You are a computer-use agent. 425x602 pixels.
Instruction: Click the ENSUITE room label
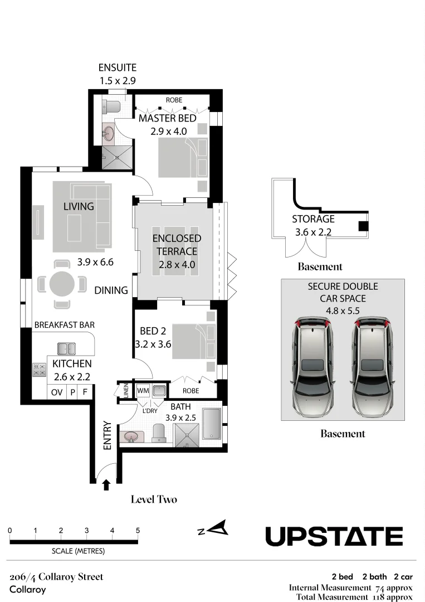point(118,67)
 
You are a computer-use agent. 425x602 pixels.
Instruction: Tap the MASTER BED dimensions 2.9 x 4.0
point(168,132)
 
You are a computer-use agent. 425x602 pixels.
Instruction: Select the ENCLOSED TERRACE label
point(177,245)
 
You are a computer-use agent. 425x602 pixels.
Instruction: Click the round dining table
point(62,284)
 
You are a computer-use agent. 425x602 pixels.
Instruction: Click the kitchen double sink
point(66,348)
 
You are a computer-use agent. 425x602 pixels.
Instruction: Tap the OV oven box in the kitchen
point(57,392)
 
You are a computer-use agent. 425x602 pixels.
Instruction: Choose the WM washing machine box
point(143,391)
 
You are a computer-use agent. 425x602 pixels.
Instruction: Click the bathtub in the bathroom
point(211,424)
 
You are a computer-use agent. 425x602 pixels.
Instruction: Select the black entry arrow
point(106,486)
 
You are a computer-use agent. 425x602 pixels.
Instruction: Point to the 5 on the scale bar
point(138,531)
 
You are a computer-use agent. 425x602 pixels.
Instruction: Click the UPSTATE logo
point(334,536)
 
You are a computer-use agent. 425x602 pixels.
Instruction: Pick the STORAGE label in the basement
point(314,219)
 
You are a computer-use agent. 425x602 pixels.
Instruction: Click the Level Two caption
point(154,499)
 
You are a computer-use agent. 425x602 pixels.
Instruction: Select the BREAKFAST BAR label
point(65,325)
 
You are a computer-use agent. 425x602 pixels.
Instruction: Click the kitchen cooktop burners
point(39,370)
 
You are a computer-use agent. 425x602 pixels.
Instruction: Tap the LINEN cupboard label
point(126,390)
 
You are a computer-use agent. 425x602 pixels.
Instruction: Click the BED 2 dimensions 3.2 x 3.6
point(153,344)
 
